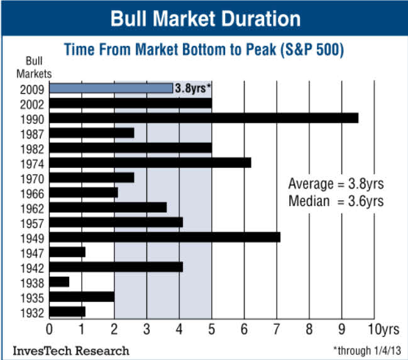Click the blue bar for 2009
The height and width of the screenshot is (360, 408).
[x=111, y=88]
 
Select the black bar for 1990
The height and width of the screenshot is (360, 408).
[x=203, y=118]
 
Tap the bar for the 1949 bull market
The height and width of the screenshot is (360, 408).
[x=164, y=237]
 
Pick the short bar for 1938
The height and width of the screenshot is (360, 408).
[x=59, y=281]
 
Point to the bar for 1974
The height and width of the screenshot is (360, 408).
[x=150, y=163]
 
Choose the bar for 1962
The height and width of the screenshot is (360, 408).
[x=108, y=208]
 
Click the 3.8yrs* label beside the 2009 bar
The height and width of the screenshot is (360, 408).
[x=192, y=88]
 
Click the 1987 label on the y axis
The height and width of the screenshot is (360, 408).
[x=32, y=133]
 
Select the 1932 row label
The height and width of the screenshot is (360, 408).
[x=32, y=312]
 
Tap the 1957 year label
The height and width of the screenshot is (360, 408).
[x=32, y=222]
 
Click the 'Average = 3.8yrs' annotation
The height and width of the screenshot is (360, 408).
[x=336, y=184]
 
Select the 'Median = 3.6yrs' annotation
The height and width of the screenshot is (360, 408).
[x=336, y=201]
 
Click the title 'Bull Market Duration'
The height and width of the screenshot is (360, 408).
[x=205, y=18]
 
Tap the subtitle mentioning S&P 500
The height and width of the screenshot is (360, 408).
[x=204, y=50]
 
